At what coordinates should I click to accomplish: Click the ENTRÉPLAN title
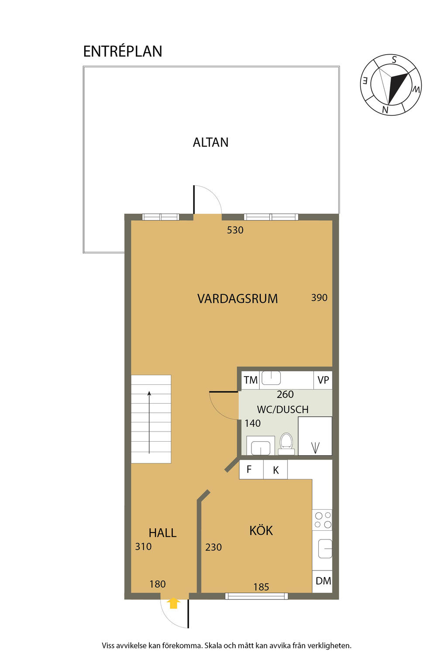pos(123,51)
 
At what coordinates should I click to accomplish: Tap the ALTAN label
pos(210,142)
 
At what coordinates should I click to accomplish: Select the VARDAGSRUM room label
pos(237,299)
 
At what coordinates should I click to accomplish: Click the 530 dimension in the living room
pos(235,230)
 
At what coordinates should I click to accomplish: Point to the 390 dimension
pos(319,297)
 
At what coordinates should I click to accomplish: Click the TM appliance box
pos(250,380)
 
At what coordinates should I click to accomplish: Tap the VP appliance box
pos(323,380)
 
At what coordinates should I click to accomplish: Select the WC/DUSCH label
pos(282,409)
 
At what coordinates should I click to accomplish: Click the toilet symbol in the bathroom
pos(286,443)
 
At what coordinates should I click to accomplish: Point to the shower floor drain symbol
pos(315,447)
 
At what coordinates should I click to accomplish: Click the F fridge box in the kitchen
pos(251,470)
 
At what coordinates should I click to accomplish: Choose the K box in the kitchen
pos(275,470)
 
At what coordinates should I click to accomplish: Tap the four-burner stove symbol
pos(323,520)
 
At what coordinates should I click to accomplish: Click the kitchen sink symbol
pos(324,549)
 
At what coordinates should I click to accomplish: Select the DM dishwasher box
pos(323,581)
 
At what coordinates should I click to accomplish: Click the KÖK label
pos(261,531)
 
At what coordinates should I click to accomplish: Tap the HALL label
pos(162,533)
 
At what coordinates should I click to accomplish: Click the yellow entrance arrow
pos(173,603)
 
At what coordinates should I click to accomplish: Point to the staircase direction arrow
pos(149,422)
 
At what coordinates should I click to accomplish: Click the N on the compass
pos(385,110)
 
